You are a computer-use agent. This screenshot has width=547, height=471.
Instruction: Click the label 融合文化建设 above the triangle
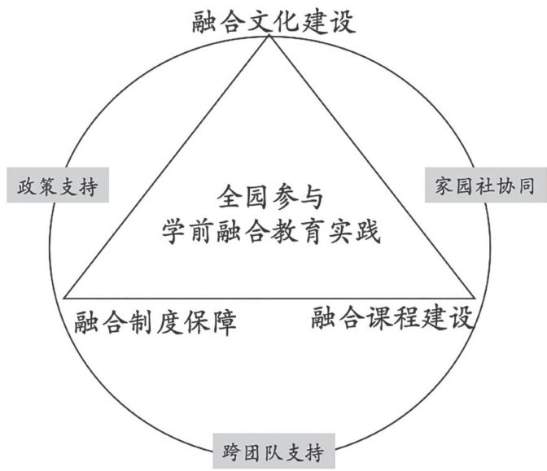[x=273, y=22]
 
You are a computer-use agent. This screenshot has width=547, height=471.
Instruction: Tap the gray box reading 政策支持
[x=58, y=185]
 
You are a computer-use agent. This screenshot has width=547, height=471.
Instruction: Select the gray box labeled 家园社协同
[x=486, y=185]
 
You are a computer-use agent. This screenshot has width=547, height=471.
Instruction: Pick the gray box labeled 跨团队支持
[x=273, y=451]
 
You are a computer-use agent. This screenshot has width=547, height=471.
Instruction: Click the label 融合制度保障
[x=155, y=321]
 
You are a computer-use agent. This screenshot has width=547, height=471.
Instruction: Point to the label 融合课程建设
[x=392, y=317]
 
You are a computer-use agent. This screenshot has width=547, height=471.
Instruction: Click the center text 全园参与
[x=270, y=197]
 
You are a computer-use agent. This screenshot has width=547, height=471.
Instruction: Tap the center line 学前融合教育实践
[x=271, y=231]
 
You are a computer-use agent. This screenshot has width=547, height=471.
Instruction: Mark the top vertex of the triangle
[x=269, y=35]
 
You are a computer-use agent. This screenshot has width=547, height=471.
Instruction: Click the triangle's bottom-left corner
[x=63, y=299]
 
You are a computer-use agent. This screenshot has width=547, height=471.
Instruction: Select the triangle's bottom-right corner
[x=475, y=299]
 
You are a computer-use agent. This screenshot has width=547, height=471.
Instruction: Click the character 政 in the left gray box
[x=27, y=186]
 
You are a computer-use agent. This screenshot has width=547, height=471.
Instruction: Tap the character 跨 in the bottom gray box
[x=231, y=452]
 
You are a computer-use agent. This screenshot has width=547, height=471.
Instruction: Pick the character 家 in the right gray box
[x=444, y=185]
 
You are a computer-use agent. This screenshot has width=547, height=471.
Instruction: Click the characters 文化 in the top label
[x=273, y=22]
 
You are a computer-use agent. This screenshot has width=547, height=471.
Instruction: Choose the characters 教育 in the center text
[x=298, y=231]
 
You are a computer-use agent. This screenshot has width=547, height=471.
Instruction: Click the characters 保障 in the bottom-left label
[x=210, y=321]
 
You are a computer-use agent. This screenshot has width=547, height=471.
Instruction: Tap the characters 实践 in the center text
[x=353, y=231]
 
